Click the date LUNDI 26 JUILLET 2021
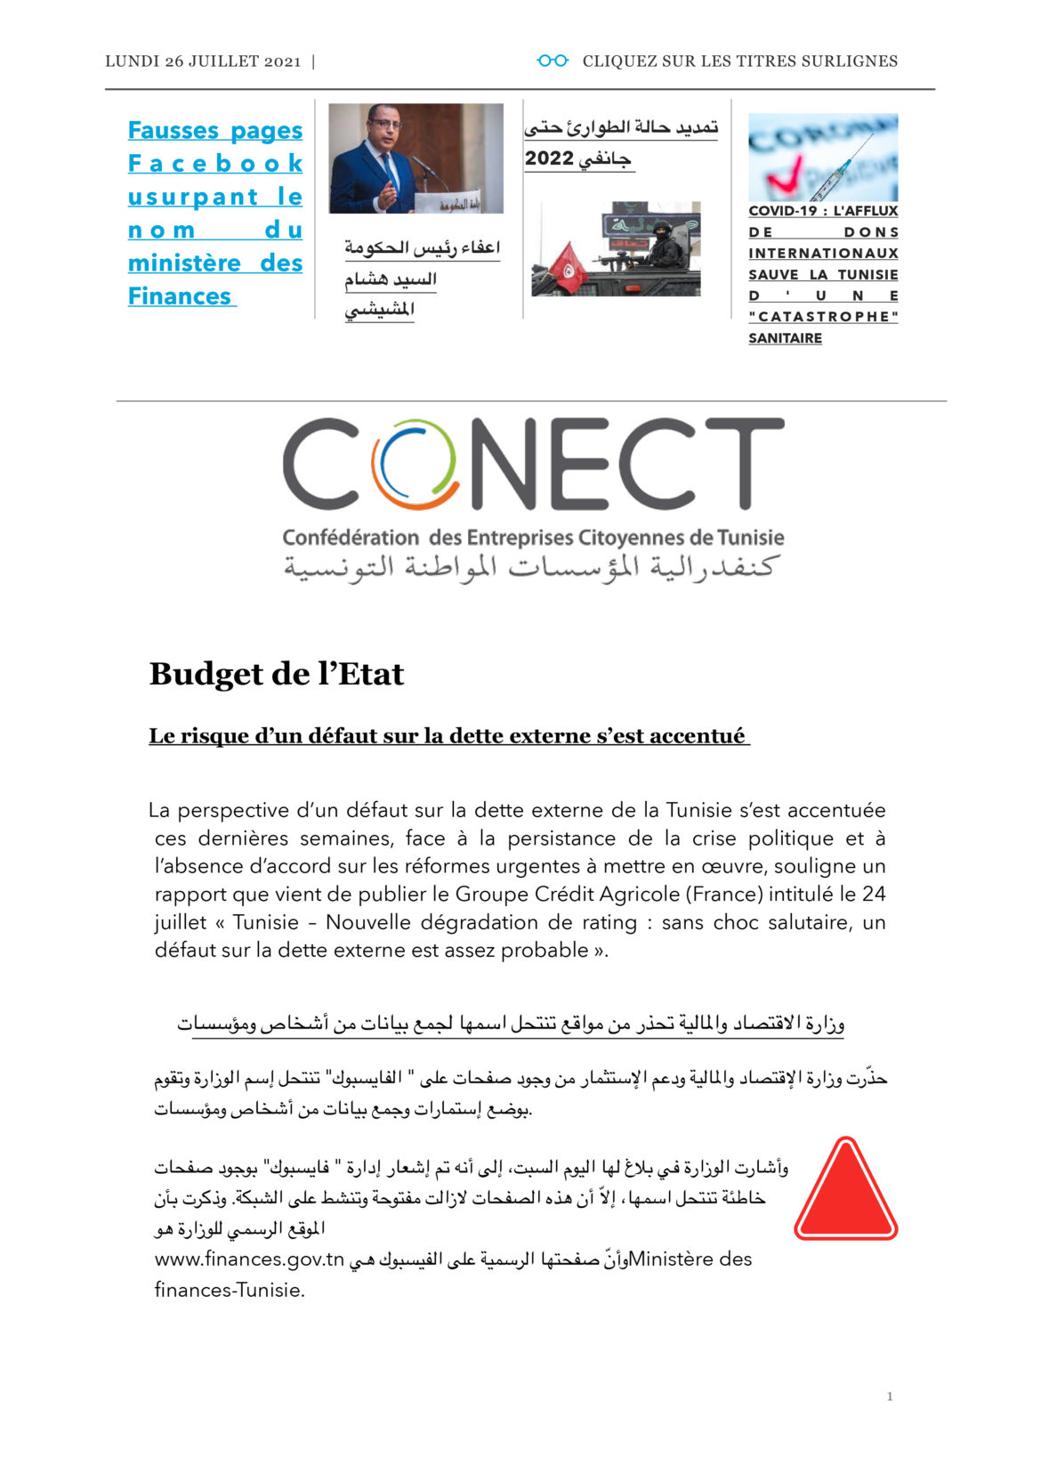click(x=203, y=61)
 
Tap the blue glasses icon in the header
click(x=553, y=61)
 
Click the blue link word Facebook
click(x=215, y=164)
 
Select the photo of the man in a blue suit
click(x=416, y=158)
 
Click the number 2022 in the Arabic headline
click(x=549, y=159)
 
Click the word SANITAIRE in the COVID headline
click(x=785, y=338)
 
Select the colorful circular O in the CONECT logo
click(x=415, y=464)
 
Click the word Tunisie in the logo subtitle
click(x=750, y=538)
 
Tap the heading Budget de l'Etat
click(x=276, y=674)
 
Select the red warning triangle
click(x=845, y=1190)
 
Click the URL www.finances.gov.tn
click(x=249, y=1259)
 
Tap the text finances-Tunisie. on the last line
click(x=230, y=1290)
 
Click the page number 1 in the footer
click(x=890, y=1397)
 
